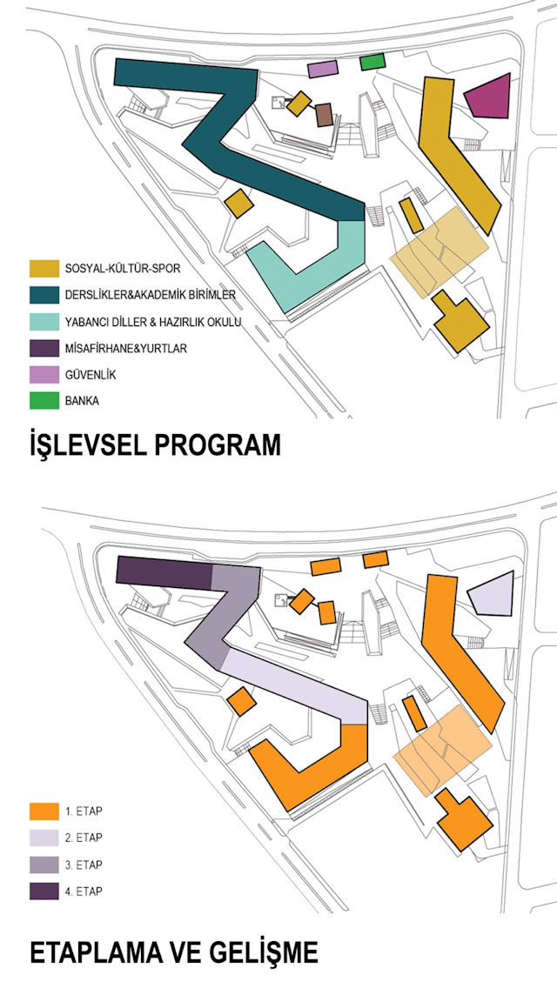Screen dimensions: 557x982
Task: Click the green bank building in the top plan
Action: (372, 62)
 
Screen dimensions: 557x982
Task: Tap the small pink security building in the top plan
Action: (323, 68)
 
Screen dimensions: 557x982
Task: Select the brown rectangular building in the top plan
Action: (324, 115)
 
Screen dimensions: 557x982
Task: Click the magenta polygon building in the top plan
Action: (489, 96)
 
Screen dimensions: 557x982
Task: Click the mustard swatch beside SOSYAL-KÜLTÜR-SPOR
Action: (44, 269)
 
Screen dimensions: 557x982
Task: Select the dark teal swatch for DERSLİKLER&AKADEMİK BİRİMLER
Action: (44, 295)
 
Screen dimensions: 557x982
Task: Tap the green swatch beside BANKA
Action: (44, 401)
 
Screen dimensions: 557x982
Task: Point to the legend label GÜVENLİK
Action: (91, 375)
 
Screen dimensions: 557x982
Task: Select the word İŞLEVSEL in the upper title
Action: (84, 446)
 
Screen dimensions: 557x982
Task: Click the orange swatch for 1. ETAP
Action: (44, 812)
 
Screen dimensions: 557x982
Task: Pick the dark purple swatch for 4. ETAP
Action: (44, 892)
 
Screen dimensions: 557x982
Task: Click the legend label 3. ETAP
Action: (84, 865)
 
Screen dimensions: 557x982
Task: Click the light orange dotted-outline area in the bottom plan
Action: (442, 750)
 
